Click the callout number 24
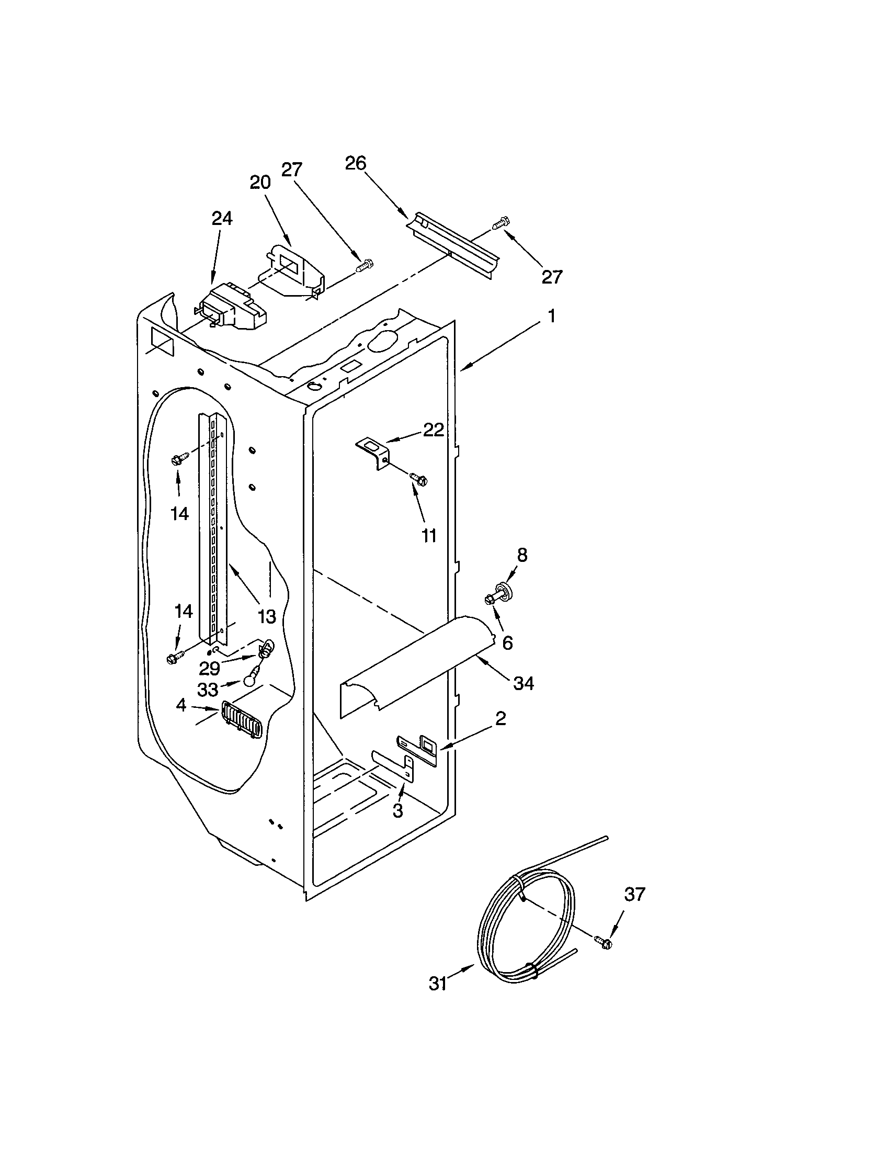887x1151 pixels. pyautogui.click(x=222, y=219)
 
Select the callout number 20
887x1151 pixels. pyautogui.click(x=260, y=183)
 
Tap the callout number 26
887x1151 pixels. pyautogui.click(x=355, y=163)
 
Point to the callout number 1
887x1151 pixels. pyautogui.click(x=551, y=316)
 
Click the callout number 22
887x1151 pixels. pyautogui.click(x=434, y=430)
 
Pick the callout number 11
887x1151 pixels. pyautogui.click(x=429, y=536)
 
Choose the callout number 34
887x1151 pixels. pyautogui.click(x=524, y=684)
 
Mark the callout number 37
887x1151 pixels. pyautogui.click(x=634, y=894)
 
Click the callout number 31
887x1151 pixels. pyautogui.click(x=438, y=984)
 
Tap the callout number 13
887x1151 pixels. pyautogui.click(x=267, y=616)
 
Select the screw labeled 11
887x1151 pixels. pyautogui.click(x=419, y=479)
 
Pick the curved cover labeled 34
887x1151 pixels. pyautogui.click(x=416, y=667)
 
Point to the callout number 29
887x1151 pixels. pyautogui.click(x=209, y=668)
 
